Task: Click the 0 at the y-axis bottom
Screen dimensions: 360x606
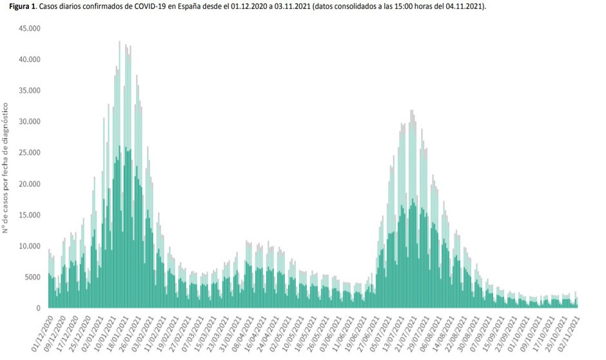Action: (x=38, y=308)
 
